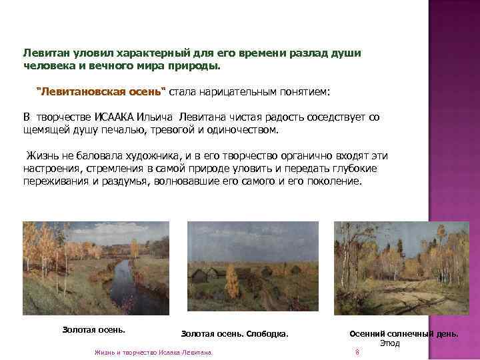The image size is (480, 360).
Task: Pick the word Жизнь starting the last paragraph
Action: tap(41, 156)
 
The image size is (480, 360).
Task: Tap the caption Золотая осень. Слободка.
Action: tap(235, 333)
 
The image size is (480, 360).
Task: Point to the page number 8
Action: tap(357, 352)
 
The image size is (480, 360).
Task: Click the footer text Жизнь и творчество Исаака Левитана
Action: tap(153, 352)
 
